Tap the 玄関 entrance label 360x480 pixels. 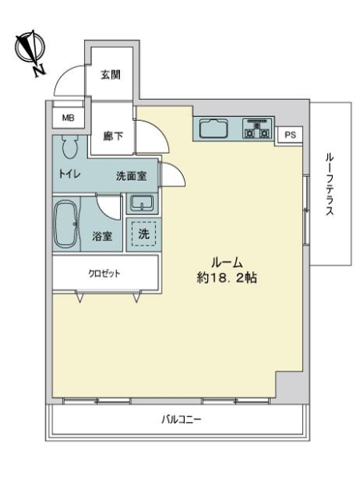111,74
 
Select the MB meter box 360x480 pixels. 68,118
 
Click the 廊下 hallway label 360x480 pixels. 113,136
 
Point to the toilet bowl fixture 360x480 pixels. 70,146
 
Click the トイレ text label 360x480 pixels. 70,174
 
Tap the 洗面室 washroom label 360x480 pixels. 131,176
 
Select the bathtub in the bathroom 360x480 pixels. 66,224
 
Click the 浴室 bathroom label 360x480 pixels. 102,236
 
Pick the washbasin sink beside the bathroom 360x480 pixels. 142,203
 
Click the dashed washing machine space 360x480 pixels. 144,234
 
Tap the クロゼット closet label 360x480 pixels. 104,274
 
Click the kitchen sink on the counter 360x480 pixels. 214,129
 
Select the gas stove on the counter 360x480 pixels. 258,129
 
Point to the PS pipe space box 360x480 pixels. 290,134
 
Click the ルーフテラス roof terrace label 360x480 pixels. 330,185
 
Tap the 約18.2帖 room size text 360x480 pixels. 227,278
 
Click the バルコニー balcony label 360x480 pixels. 182,419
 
